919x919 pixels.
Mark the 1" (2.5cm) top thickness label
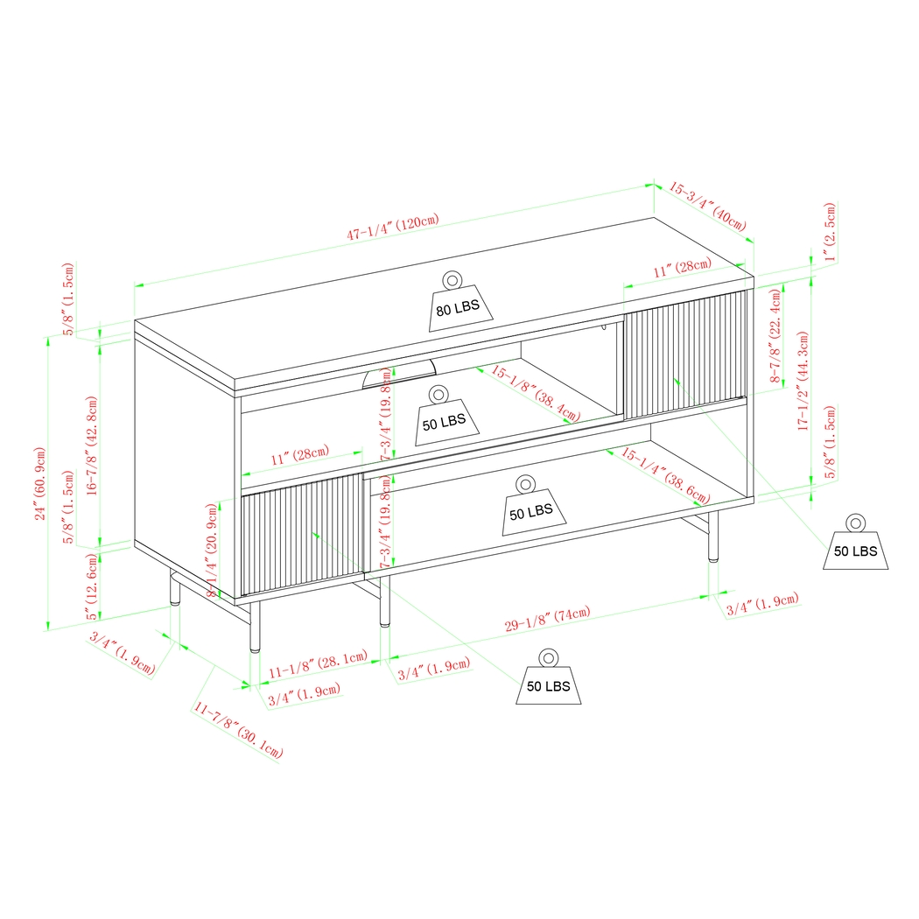pos(830,233)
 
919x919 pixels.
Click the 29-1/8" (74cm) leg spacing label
pos(548,619)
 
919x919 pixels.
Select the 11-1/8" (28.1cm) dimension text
pos(316,668)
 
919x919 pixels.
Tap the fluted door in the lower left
pos(302,534)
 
